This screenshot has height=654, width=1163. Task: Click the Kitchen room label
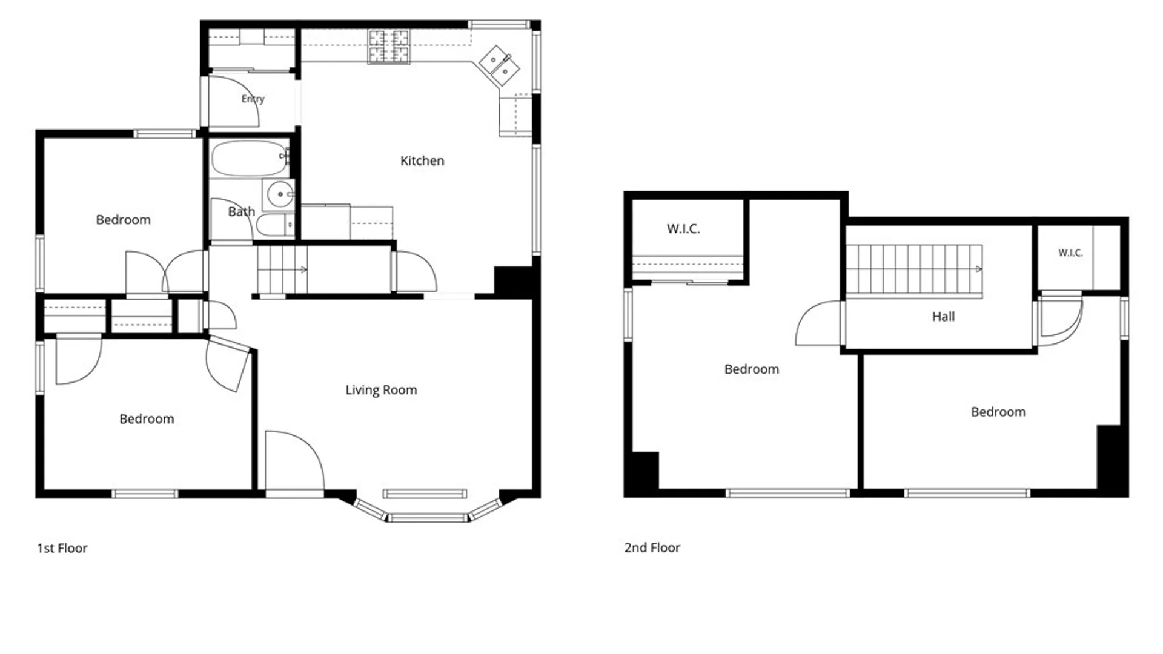point(422,161)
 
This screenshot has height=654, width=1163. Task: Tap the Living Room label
point(381,390)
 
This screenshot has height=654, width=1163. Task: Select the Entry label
point(253,99)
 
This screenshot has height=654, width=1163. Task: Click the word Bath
point(241,212)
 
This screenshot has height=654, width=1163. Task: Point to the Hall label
point(943,317)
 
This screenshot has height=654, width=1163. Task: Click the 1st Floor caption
point(62,548)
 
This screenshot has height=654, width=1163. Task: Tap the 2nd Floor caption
point(652,547)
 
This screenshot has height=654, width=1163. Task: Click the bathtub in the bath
point(250,158)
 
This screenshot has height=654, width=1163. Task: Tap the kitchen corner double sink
point(499,65)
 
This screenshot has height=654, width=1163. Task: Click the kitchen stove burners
point(388,47)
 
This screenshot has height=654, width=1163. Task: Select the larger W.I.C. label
point(683,229)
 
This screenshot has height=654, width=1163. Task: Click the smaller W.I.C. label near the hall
point(1070,253)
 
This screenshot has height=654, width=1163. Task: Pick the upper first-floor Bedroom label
point(123,220)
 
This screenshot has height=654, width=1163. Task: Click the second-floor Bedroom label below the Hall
point(998,412)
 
